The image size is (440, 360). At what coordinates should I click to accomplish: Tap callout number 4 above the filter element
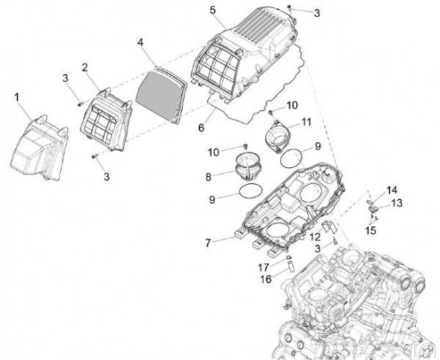tap(141, 43)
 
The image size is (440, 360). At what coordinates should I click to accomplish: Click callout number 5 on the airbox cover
tap(212, 10)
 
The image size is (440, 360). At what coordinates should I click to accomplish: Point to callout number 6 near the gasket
tap(199, 126)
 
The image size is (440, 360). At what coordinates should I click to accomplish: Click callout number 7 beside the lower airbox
tap(208, 241)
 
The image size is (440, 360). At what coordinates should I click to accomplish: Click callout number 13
tap(397, 202)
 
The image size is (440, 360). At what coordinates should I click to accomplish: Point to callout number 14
tap(392, 189)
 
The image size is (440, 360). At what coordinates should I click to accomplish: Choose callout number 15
tap(370, 229)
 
